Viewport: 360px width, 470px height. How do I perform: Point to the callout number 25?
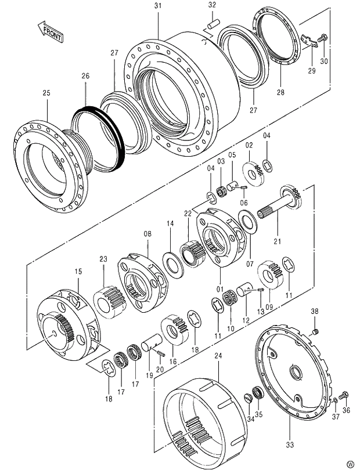point(47,93)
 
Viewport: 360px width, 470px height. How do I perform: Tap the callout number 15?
point(78,272)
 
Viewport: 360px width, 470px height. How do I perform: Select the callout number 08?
point(147,234)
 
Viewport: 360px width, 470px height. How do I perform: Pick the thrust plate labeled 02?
point(253,171)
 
